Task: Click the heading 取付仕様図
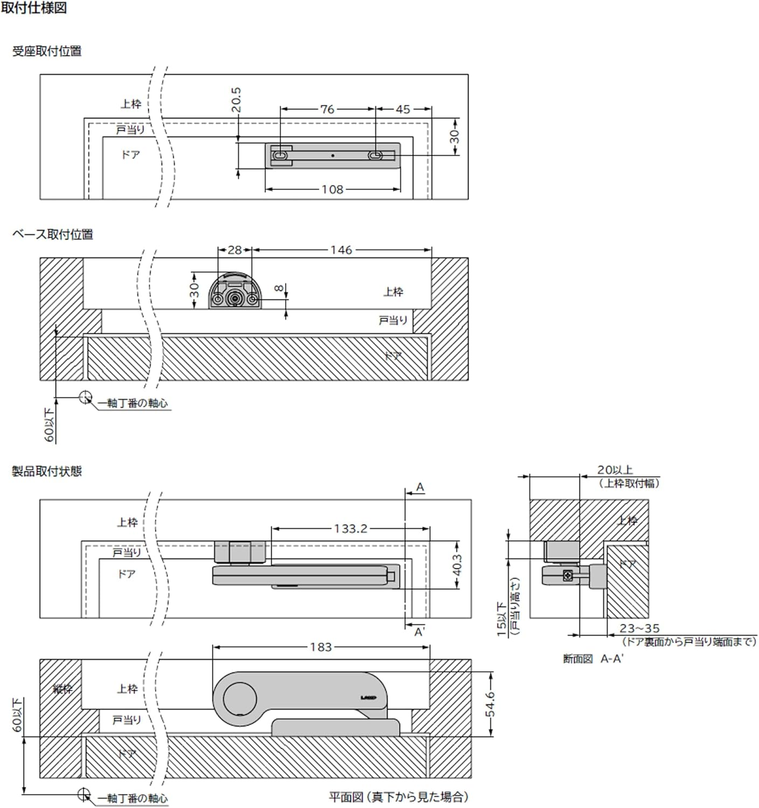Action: [x=34, y=8]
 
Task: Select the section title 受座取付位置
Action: [x=47, y=51]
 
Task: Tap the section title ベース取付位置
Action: [x=53, y=234]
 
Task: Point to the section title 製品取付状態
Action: [x=47, y=471]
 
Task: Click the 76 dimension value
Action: [x=327, y=109]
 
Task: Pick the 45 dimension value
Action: [x=403, y=109]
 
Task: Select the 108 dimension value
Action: [x=332, y=190]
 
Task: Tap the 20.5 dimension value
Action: [x=236, y=100]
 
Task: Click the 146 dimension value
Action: [x=341, y=250]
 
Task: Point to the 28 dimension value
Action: [x=234, y=250]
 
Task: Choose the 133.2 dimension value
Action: [x=350, y=529]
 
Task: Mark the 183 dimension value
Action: [x=321, y=647]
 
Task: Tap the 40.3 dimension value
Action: [x=457, y=566]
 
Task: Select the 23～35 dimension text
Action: [x=639, y=629]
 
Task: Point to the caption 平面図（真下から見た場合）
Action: [x=399, y=797]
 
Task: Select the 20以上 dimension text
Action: [x=615, y=470]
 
